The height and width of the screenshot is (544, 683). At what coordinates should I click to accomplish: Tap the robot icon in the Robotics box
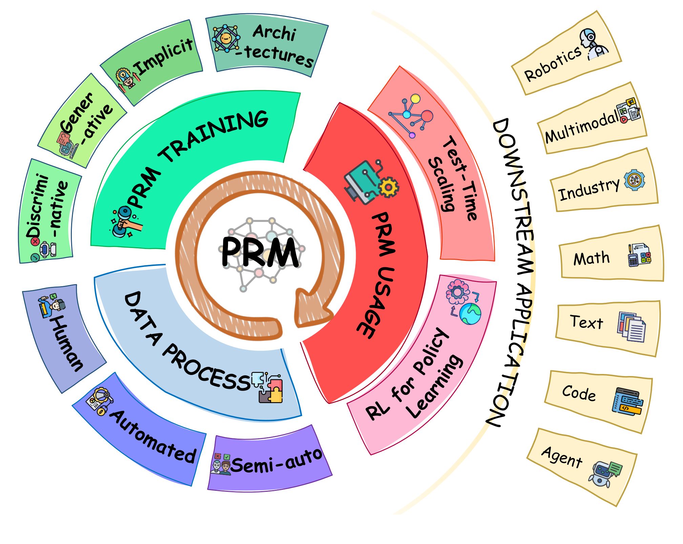click(594, 44)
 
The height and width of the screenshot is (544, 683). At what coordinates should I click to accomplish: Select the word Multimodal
click(581, 128)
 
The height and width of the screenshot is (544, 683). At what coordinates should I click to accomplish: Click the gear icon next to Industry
click(634, 180)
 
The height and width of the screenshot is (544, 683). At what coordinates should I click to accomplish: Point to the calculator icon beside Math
click(639, 255)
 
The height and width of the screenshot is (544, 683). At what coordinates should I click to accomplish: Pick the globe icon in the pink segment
click(470, 314)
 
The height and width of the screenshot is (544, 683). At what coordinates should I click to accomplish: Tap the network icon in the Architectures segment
click(225, 38)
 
